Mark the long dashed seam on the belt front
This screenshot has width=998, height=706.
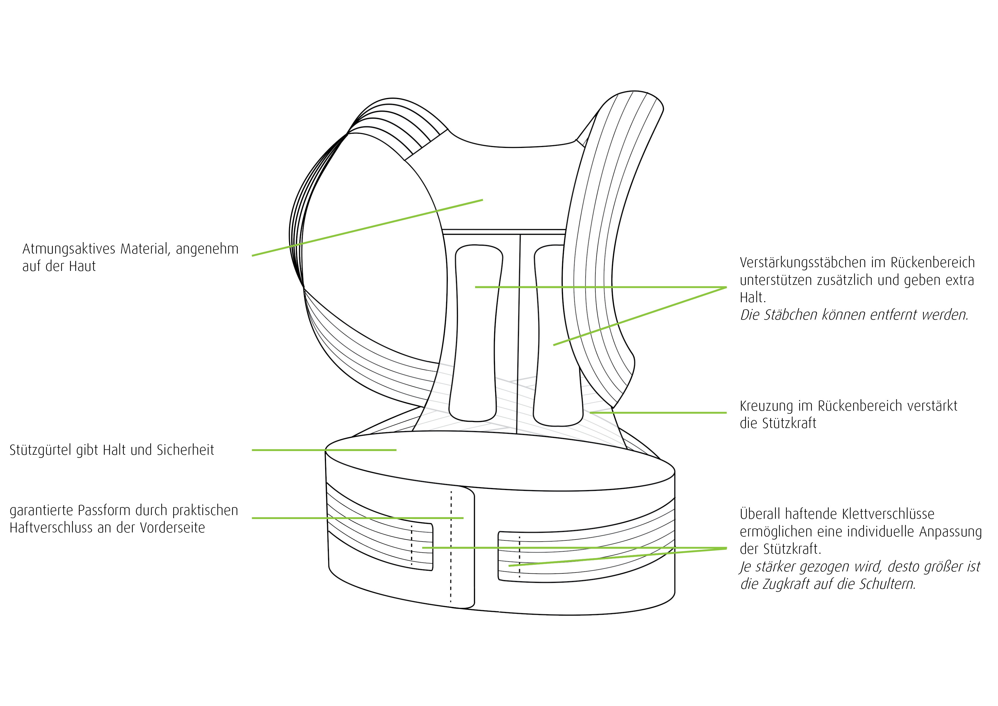point(451,547)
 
